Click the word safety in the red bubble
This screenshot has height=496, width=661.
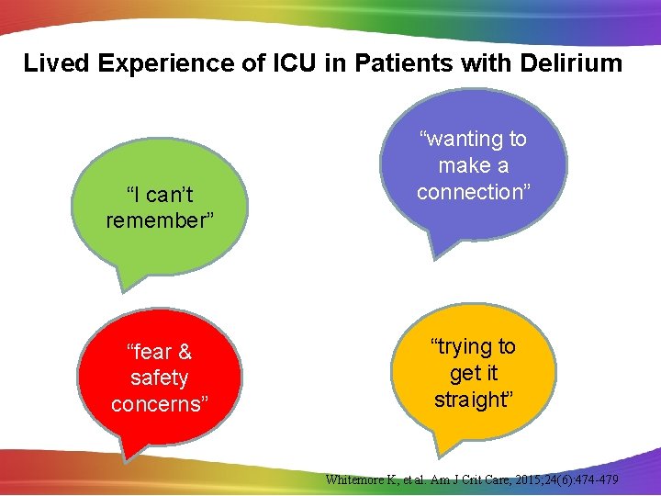click(159, 378)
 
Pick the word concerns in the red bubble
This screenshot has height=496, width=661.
click(159, 404)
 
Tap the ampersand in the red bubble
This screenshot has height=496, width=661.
click(184, 352)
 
